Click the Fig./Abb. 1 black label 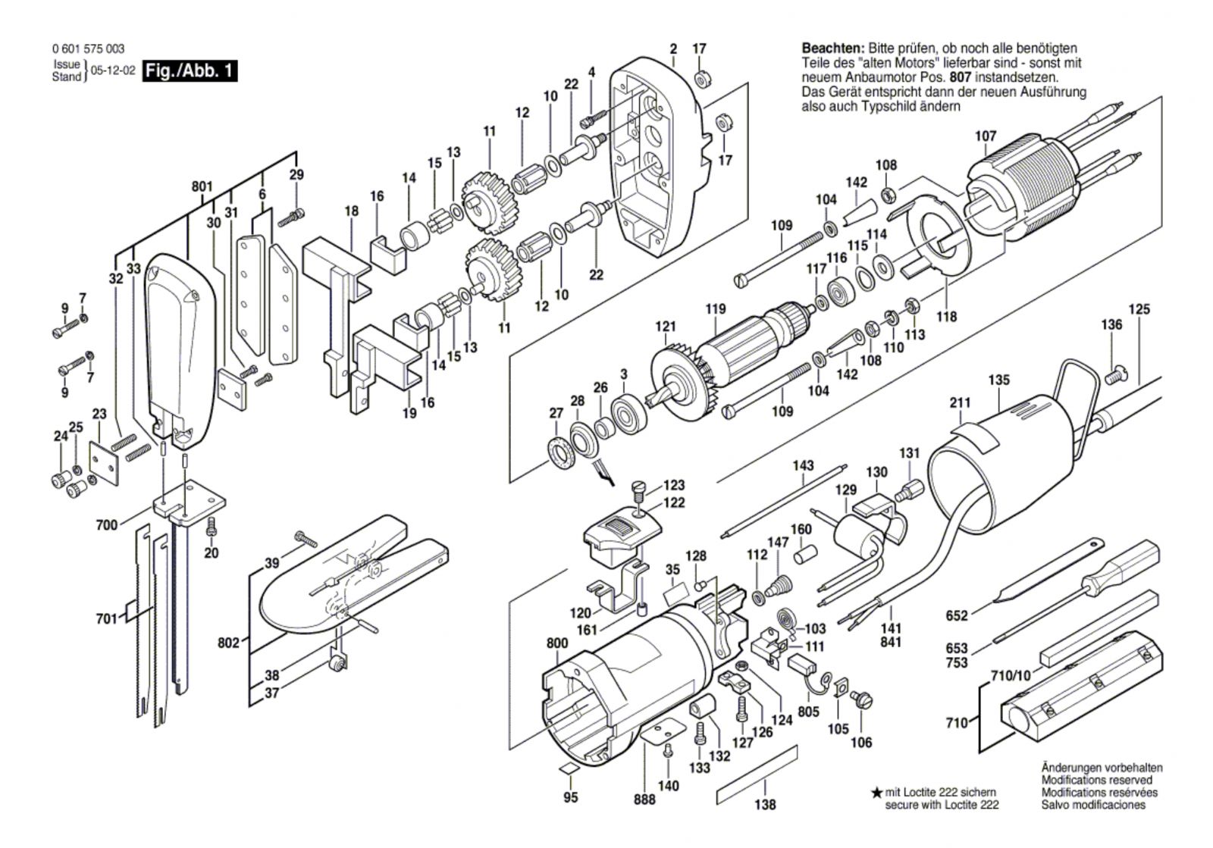190,71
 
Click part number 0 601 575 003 89,49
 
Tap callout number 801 202,186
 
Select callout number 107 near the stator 986,136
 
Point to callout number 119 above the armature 715,308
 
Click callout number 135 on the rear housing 999,380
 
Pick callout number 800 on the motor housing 557,643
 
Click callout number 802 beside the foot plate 228,643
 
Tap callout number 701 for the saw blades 108,618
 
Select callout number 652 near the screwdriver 957,615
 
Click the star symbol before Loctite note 876,792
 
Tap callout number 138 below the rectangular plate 766,805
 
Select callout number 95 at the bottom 571,796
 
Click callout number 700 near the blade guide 107,524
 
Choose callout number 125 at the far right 1139,309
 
